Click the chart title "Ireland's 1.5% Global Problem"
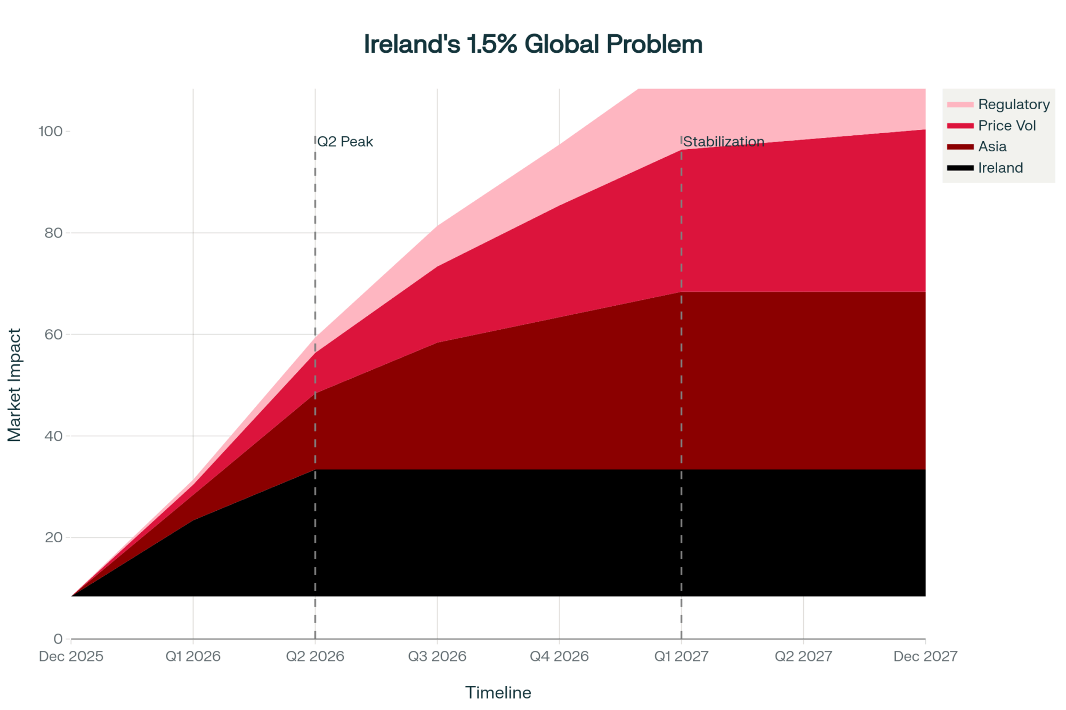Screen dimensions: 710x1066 coord(533,44)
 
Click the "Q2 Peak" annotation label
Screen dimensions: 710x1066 coord(345,142)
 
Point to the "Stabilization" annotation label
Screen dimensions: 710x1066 coord(723,142)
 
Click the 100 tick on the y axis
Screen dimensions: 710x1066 coord(50,131)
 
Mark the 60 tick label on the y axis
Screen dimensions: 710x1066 coord(53,334)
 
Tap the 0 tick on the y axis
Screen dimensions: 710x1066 coord(58,639)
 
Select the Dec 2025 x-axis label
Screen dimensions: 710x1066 coord(71,656)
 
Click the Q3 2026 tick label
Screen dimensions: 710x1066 coord(437,656)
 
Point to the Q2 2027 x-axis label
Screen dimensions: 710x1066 coord(803,656)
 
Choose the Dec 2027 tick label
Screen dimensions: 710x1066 coord(925,656)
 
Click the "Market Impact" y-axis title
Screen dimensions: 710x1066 coord(14,385)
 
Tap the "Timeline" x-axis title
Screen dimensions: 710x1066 coord(498,692)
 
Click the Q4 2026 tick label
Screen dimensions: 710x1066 coord(559,656)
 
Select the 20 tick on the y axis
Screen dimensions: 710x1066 coord(53,537)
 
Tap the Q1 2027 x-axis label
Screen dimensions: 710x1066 coord(681,656)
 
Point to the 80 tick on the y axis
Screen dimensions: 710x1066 coord(53,233)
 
